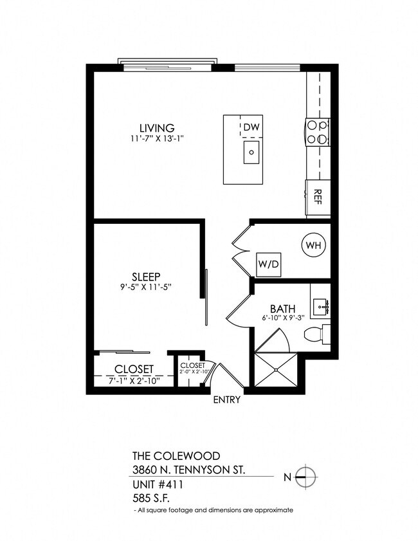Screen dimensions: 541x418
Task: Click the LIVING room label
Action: point(157,127)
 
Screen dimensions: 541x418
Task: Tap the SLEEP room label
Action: point(146,277)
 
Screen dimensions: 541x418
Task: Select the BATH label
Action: point(282,308)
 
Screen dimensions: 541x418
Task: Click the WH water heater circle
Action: point(313,245)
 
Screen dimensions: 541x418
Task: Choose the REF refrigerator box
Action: point(318,197)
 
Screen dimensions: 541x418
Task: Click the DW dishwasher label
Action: point(251,127)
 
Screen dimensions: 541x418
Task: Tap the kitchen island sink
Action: point(251,153)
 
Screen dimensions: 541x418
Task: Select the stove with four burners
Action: point(318,132)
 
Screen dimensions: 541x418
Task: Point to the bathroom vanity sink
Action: point(320,306)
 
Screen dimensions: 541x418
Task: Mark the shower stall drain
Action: point(277,371)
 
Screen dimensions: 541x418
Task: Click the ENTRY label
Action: point(227,400)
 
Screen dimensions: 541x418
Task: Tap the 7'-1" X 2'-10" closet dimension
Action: point(134,380)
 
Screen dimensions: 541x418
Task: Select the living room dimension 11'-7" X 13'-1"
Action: point(157,138)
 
